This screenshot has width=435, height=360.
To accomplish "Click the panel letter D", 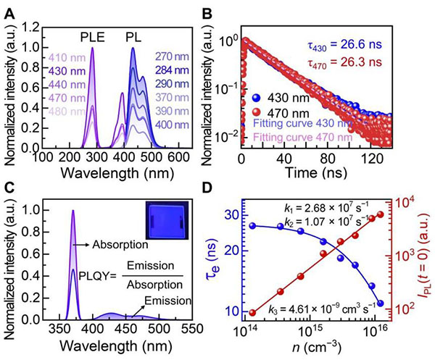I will coord(227,190).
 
